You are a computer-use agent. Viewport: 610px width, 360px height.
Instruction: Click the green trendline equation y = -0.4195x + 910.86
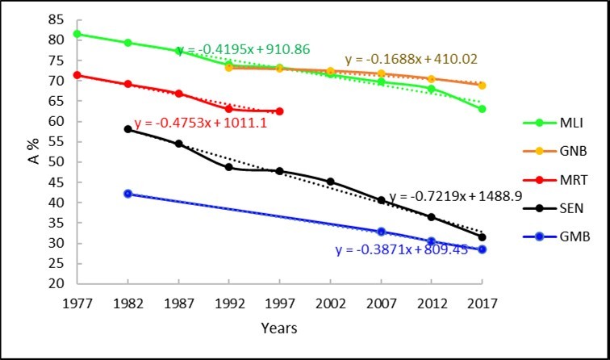[x=242, y=49]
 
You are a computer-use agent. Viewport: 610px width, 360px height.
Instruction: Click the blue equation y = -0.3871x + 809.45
[x=401, y=250]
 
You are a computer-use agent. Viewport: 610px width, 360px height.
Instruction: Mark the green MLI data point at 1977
[x=77, y=34]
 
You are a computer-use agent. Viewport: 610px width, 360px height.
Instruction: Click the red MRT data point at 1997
[x=279, y=111]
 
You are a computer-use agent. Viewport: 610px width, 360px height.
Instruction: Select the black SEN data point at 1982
[x=127, y=128]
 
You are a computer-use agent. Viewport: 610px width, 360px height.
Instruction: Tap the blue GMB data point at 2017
[x=482, y=249]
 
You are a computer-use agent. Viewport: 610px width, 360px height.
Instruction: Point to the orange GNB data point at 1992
[x=229, y=67]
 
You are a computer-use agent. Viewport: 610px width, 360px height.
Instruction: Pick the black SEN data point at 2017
[x=482, y=237]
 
